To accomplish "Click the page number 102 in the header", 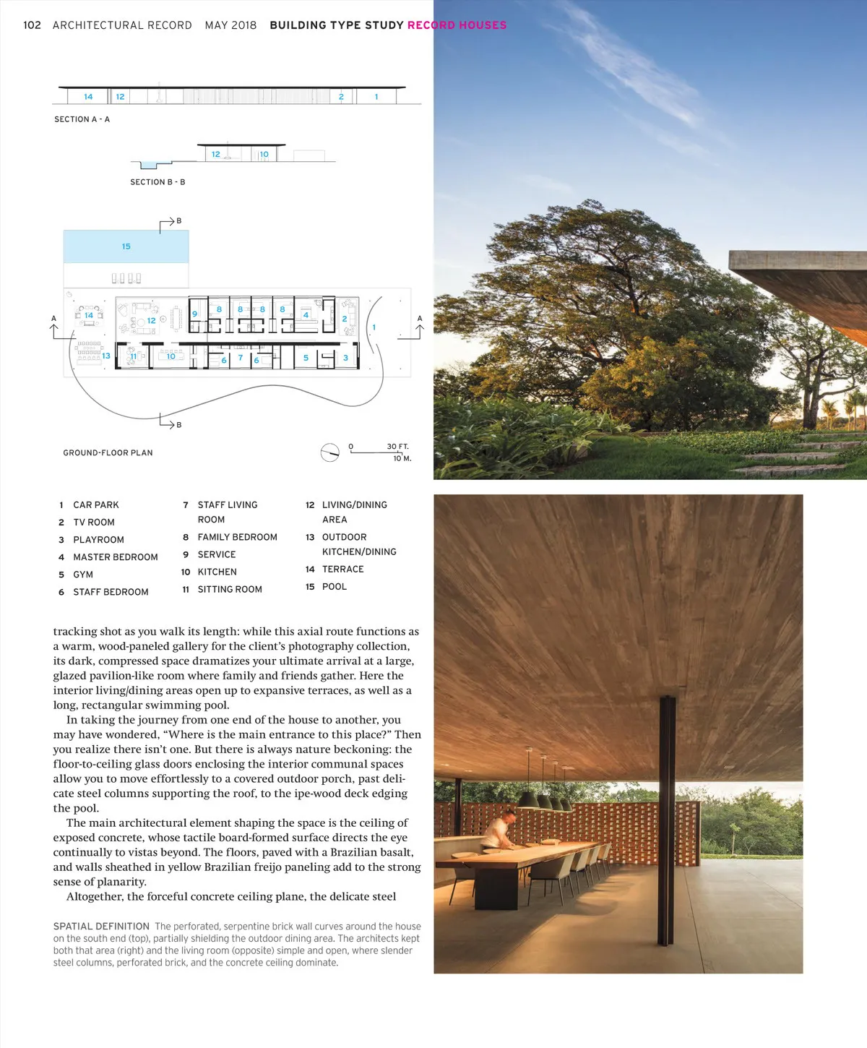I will [x=32, y=25].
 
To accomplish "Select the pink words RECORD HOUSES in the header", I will [x=457, y=25].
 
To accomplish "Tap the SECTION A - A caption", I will [x=82, y=119].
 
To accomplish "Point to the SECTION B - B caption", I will [x=158, y=182].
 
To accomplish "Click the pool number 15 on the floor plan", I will [x=126, y=246].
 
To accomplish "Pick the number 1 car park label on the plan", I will [x=374, y=327].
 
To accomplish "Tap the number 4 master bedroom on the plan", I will [x=306, y=315].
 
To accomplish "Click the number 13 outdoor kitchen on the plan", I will [x=105, y=356].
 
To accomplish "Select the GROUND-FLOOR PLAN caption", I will [x=108, y=453].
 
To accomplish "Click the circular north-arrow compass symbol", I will [x=329, y=452].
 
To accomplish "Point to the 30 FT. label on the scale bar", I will [x=397, y=447].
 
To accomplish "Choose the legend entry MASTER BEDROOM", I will [x=115, y=557].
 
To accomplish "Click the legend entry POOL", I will [x=334, y=587].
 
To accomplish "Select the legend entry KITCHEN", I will [x=217, y=572].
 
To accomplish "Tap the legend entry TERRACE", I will [x=342, y=570].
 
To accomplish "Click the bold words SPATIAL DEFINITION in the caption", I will [x=101, y=927].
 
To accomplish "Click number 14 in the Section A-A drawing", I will [x=88, y=97].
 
